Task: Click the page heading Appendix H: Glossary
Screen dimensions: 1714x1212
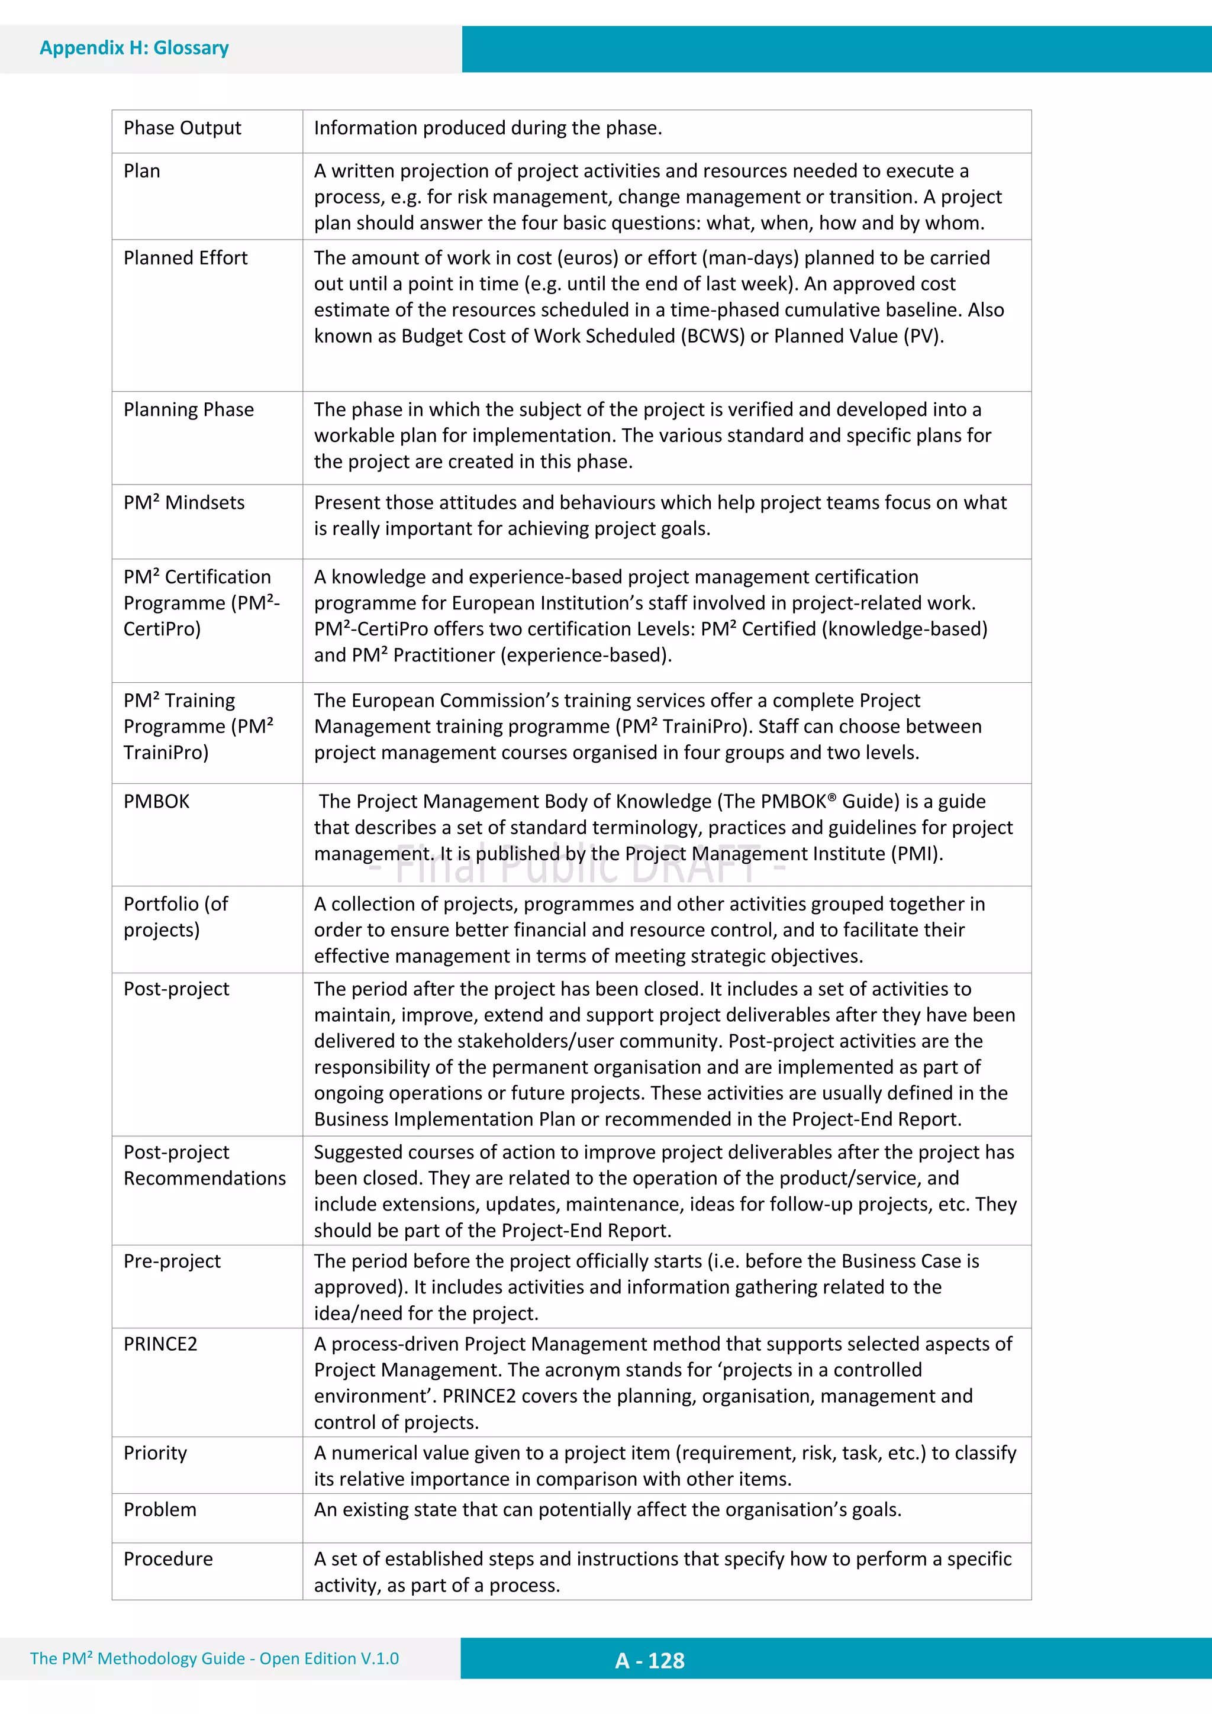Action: click(x=134, y=48)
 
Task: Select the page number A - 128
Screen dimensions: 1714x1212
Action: click(x=650, y=1660)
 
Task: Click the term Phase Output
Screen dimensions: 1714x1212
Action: click(x=182, y=128)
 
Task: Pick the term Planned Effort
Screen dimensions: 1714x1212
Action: click(x=185, y=259)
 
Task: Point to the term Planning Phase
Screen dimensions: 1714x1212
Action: click(x=188, y=410)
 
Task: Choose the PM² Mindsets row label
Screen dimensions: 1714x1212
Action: click(x=183, y=502)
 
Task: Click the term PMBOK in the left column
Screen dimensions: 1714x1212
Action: click(x=156, y=802)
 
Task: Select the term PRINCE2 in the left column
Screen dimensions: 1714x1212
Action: click(x=160, y=1344)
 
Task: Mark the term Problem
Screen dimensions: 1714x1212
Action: click(x=160, y=1509)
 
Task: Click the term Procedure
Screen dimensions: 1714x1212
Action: click(x=168, y=1559)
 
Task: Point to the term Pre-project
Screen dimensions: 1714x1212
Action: click(x=172, y=1261)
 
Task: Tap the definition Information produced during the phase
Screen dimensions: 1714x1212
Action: click(x=488, y=128)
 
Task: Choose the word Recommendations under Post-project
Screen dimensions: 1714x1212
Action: click(x=205, y=1178)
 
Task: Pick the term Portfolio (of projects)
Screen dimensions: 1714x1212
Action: click(x=176, y=916)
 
